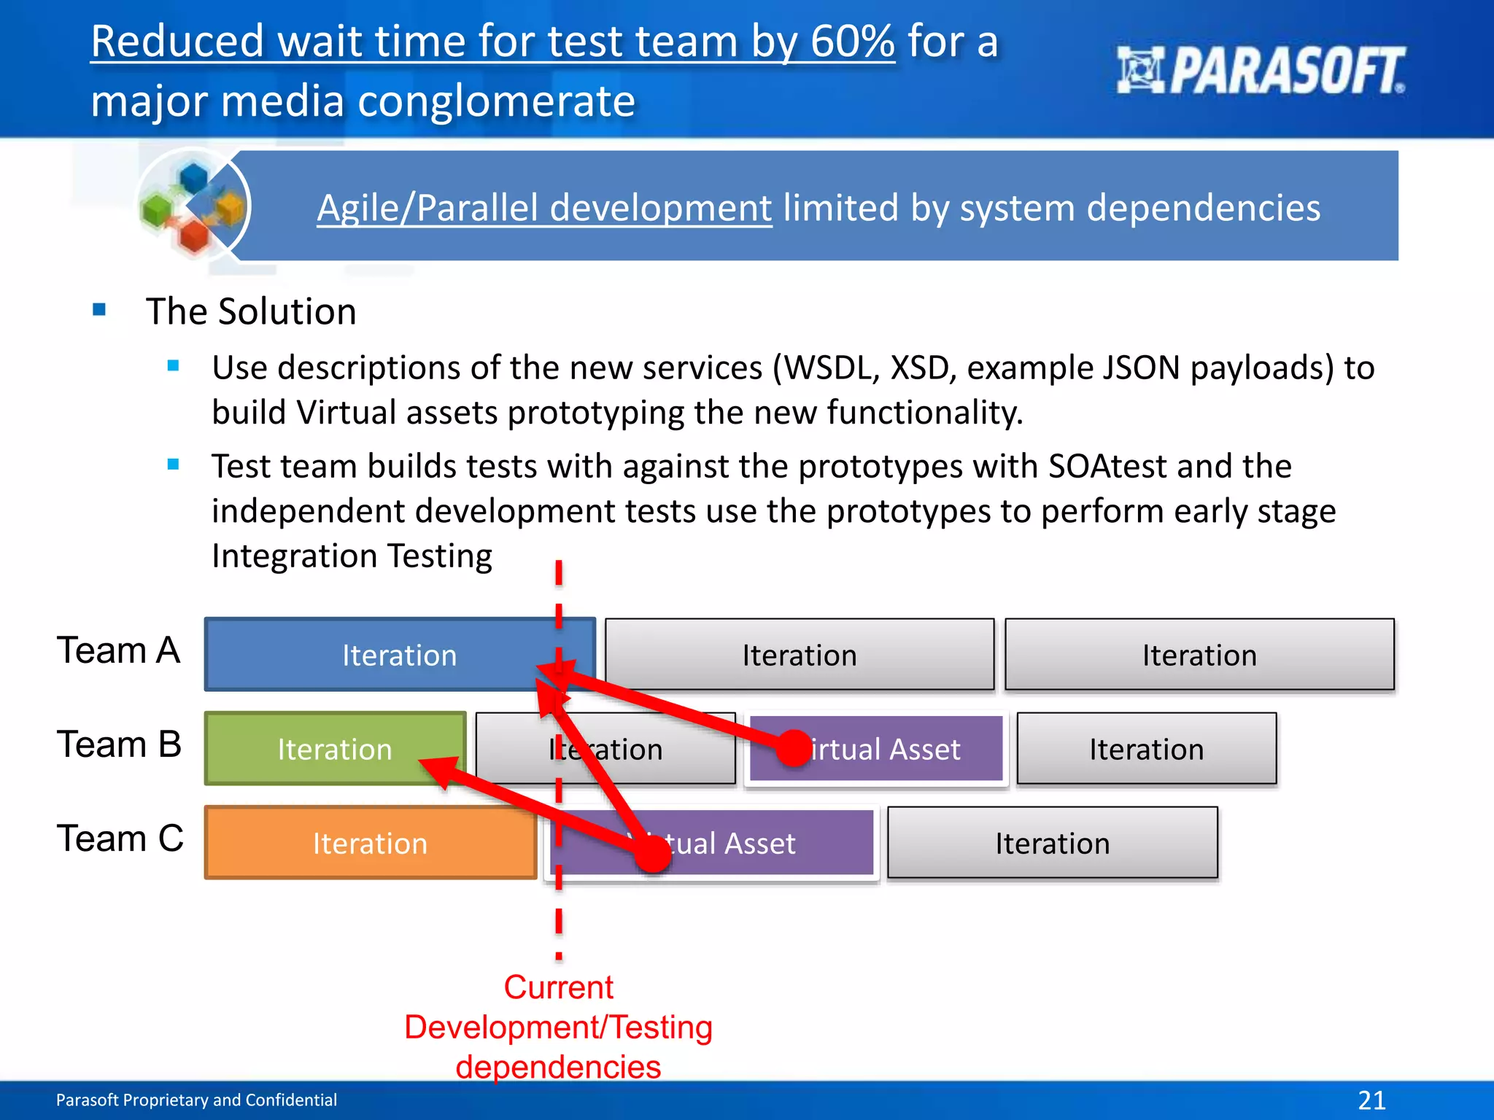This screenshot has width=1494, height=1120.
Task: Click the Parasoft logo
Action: [1260, 71]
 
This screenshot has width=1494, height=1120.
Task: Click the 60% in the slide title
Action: [851, 42]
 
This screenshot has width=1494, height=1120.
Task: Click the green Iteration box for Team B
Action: [334, 749]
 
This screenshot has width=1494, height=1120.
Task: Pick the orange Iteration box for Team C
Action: [370, 843]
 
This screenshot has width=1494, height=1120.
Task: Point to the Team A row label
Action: [118, 650]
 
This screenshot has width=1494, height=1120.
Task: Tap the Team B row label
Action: [118, 744]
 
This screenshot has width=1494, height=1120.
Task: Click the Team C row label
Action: [120, 839]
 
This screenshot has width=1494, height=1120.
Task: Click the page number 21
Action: [1371, 1100]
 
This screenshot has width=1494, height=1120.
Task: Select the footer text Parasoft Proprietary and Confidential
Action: [196, 1100]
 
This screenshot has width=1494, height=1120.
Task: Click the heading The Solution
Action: [251, 311]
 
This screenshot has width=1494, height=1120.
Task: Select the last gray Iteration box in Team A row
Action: [1199, 654]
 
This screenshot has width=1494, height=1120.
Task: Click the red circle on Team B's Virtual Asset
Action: [794, 749]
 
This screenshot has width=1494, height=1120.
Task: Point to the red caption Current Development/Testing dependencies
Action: [558, 1027]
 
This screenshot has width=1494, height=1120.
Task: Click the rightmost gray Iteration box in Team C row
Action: [1052, 843]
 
